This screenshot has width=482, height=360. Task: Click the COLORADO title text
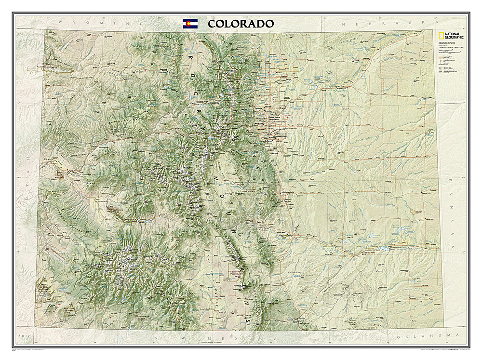click(x=241, y=24)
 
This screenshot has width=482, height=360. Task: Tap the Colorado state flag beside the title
click(x=189, y=24)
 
